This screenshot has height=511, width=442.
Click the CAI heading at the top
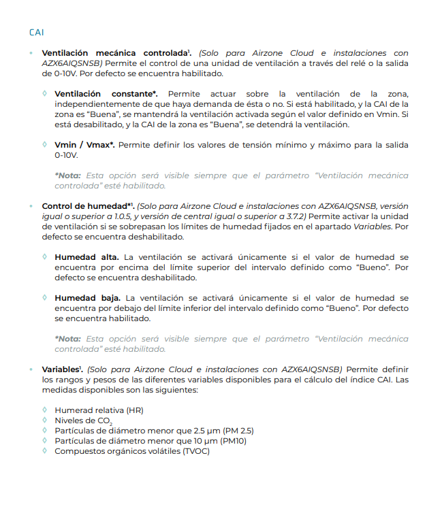(x=37, y=32)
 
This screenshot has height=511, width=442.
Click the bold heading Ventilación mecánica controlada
(x=115, y=52)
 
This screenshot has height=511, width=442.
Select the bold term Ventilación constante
(x=106, y=93)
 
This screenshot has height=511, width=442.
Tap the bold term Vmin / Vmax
(x=84, y=144)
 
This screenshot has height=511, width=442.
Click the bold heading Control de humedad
(x=86, y=205)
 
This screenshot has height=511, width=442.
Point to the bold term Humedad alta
(x=86, y=257)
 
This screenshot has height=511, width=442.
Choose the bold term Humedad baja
(x=87, y=298)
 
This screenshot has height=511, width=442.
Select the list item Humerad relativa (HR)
(x=99, y=410)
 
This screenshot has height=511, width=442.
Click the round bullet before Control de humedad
(x=31, y=205)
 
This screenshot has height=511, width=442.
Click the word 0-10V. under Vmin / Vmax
(x=67, y=154)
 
